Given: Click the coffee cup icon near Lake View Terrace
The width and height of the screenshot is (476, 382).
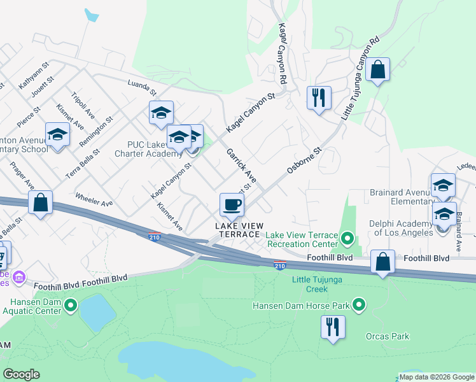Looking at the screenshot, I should coord(232,204).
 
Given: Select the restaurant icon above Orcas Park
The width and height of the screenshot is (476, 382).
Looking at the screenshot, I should coord(333,327).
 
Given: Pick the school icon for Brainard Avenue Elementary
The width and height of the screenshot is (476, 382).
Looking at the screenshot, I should coord(443,185).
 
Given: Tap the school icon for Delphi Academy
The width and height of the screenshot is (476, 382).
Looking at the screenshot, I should coord(444,213).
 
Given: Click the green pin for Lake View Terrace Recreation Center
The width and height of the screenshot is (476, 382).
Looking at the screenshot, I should coord(347,239).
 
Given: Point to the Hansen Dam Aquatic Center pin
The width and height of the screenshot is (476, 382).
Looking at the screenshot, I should coord(70,306).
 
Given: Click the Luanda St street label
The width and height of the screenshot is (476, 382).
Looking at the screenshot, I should coord(141,85).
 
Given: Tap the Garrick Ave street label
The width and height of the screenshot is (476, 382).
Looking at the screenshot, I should coord(241,166).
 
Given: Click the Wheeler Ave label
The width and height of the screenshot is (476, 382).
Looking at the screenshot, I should coord(94,199).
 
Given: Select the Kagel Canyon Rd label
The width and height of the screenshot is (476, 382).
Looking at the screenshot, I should coord(281,54).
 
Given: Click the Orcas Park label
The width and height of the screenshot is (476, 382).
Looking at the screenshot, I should coord(387,336).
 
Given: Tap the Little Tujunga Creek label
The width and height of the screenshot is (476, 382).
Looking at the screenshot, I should coord(309,285).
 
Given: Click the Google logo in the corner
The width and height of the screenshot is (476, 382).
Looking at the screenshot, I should coord(21,374).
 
